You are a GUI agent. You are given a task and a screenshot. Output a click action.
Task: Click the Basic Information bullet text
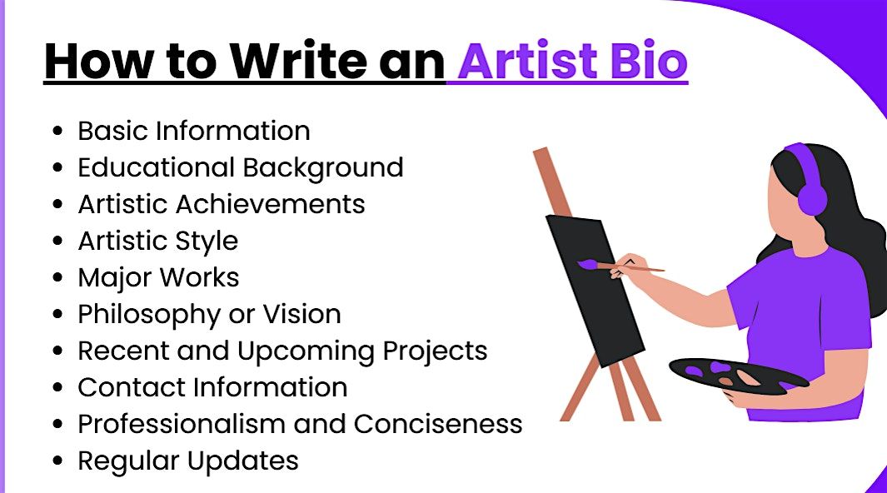(x=194, y=131)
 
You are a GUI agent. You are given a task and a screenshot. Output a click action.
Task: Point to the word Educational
(x=156, y=167)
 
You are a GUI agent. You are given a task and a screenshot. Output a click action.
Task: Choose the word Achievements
(x=270, y=204)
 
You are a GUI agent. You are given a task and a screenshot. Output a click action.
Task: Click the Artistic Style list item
(x=157, y=242)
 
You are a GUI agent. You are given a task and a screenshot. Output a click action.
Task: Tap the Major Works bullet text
(x=158, y=278)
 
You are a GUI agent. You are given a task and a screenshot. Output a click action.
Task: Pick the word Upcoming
(x=306, y=351)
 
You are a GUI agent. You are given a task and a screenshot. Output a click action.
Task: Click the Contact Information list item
(x=212, y=388)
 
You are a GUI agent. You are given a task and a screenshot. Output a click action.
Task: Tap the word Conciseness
(x=438, y=424)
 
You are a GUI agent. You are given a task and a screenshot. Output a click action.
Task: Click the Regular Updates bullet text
(x=187, y=461)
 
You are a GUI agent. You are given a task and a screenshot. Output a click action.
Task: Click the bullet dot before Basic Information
(x=57, y=132)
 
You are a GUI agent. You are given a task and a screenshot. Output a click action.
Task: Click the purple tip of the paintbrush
(x=587, y=263)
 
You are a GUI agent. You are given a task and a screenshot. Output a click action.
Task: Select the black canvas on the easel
(x=595, y=291)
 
